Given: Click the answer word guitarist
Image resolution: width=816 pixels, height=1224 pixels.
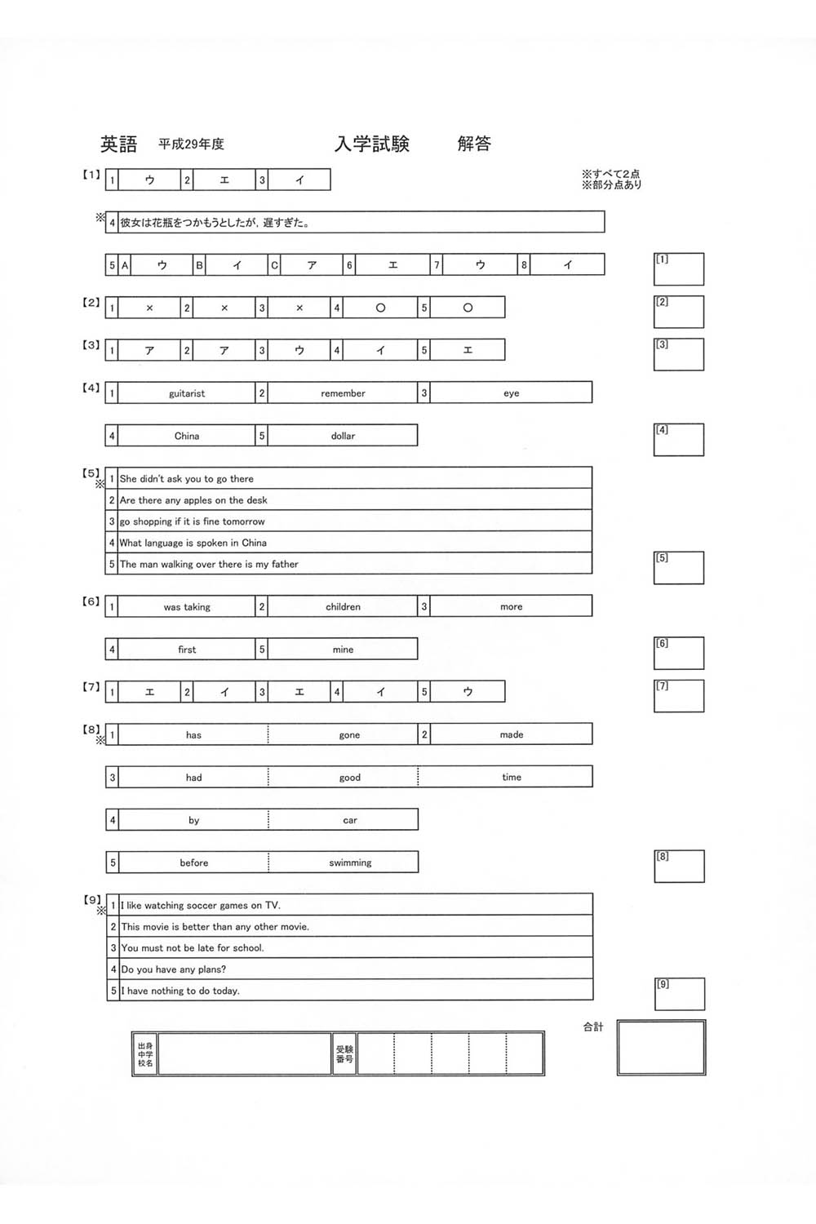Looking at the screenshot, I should point(187,393).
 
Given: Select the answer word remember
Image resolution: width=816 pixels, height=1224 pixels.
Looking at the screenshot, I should point(343,393).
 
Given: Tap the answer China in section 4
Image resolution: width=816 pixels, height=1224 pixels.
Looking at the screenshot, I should point(187,436).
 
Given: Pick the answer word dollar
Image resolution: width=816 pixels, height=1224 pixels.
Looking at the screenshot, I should point(343,436).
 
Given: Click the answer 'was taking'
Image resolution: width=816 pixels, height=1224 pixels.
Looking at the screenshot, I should point(187,607).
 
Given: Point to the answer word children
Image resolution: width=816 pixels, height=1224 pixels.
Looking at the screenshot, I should point(343,607).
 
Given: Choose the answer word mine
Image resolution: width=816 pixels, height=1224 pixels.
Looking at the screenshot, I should point(343,650).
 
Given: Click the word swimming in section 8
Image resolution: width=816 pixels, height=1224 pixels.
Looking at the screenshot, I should point(350,863).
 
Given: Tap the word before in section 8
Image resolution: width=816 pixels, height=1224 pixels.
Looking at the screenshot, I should point(194,863).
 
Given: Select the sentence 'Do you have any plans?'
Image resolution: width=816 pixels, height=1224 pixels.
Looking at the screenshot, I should point(174,969).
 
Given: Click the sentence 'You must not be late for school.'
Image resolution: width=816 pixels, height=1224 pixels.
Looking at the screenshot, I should point(193,948).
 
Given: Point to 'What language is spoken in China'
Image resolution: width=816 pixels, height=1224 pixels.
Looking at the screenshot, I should point(193,543).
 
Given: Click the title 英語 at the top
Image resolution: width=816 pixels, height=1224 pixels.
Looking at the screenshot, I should point(119,144).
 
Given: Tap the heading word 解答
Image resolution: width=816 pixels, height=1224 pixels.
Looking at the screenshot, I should point(474,144).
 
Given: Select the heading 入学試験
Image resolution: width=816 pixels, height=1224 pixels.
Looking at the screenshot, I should point(372,144).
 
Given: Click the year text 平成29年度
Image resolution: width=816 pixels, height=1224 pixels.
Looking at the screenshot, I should point(191,144).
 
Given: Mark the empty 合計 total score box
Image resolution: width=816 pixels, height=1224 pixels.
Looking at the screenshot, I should point(662,1047).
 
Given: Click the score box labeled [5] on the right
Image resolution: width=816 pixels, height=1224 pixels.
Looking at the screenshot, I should point(679,568).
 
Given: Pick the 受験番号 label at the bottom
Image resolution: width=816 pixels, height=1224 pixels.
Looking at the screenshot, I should point(344,1053).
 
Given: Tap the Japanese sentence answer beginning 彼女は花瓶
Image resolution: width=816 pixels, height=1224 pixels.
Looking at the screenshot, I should point(215,222).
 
